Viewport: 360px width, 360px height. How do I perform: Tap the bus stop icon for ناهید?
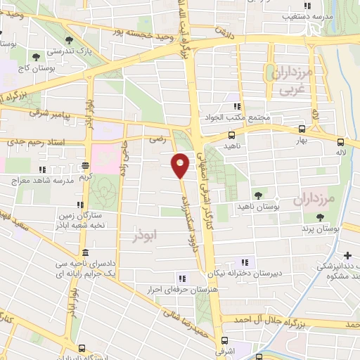[x=231, y=135]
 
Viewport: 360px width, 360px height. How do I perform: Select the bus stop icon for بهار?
[x=302, y=129]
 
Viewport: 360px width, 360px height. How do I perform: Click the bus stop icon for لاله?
[x=340, y=141]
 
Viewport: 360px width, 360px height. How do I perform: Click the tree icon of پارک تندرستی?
[x=67, y=41]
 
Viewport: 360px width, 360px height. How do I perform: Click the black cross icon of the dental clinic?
[x=348, y=255]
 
